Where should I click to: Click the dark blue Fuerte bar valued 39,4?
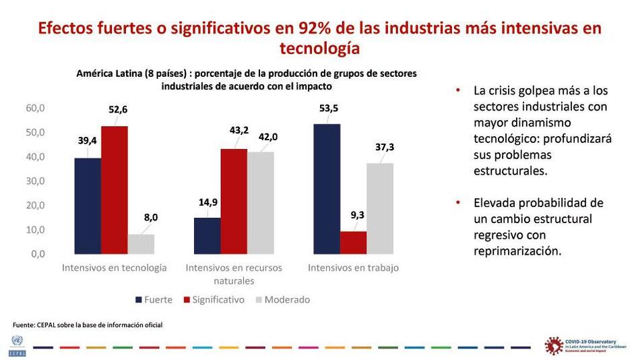88,206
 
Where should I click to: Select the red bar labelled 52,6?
115,189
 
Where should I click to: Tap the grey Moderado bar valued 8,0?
141,243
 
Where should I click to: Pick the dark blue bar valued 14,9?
207,235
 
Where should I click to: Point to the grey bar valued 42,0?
260,202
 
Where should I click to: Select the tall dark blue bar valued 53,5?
327,189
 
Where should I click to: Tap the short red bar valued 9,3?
353,242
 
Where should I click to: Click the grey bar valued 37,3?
380,208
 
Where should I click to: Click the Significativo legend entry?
214,299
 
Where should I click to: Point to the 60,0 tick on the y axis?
35,108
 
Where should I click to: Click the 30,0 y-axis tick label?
35,181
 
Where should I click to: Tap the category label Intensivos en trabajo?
353,268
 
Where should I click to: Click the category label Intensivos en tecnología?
115,268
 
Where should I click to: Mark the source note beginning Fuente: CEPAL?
88,325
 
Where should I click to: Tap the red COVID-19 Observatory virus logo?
554,345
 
